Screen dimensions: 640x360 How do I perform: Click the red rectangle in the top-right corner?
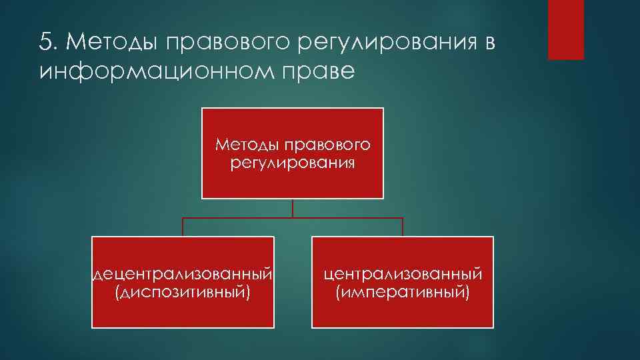(565, 29)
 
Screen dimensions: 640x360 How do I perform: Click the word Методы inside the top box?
(247, 145)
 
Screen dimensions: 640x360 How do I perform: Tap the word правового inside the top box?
(327, 145)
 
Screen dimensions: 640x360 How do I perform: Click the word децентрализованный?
(183, 275)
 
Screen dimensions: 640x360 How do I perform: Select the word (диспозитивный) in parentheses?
(183, 292)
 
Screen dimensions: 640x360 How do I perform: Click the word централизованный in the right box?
(403, 275)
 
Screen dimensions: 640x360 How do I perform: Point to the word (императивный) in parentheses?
(403, 292)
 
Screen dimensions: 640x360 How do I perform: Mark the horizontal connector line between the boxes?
(347, 218)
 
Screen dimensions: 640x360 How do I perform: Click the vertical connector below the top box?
(293, 208)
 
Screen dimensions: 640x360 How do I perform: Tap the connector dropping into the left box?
(183, 227)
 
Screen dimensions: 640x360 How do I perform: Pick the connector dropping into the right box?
(403, 227)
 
